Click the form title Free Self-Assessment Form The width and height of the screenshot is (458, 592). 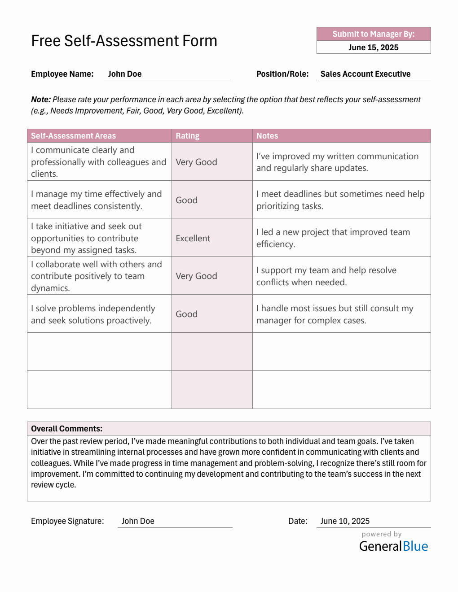point(124,41)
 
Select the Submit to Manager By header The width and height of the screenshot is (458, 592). point(373,34)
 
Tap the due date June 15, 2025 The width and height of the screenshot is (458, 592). point(373,48)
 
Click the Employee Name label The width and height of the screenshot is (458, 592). point(62,74)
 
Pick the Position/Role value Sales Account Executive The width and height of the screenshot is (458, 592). point(365,74)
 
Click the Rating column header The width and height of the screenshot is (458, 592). point(187,136)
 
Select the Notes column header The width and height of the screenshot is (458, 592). point(267,136)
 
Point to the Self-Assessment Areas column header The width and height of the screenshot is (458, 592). point(73,136)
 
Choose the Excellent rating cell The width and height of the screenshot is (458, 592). point(193,238)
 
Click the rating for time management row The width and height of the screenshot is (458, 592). point(186,200)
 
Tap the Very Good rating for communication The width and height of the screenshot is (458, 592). point(196,162)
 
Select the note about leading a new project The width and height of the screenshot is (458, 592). point(333,238)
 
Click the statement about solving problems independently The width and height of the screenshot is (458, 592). point(93,314)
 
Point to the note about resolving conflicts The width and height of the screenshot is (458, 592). point(326,276)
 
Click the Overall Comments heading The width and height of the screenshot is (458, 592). point(66,429)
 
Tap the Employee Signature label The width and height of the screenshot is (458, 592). point(67,521)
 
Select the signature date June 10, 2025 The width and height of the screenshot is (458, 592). point(345,521)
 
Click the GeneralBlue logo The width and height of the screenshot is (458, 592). point(393,546)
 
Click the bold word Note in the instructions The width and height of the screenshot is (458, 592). point(40,100)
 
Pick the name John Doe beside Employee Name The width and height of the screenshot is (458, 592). point(125,74)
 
